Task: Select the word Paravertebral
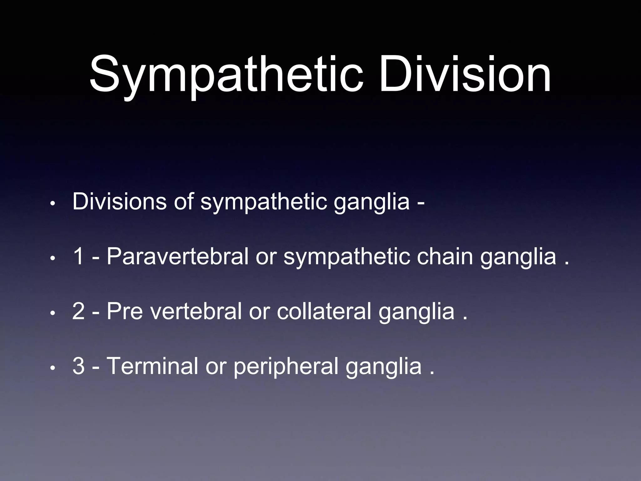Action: (x=177, y=256)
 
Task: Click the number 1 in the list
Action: (x=78, y=256)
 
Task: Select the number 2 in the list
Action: (x=78, y=311)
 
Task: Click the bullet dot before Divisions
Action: (x=53, y=204)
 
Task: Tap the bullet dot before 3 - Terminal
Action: (x=53, y=368)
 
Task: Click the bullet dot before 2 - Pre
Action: (x=53, y=313)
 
